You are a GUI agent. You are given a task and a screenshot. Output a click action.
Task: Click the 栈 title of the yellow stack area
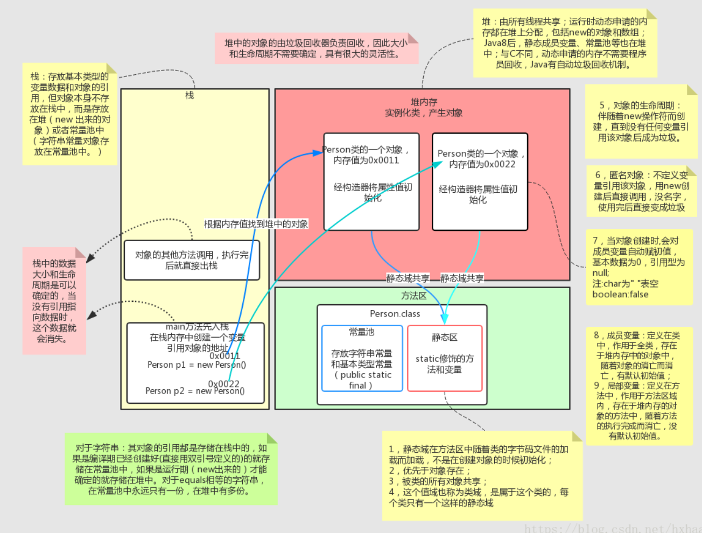[189, 95]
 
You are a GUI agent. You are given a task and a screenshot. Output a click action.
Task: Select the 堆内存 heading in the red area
[424, 102]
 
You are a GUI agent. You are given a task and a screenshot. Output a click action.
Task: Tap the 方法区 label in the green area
[413, 296]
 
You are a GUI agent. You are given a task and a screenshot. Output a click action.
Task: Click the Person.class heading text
[395, 314]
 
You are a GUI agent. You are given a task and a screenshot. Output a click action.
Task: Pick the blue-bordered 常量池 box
[362, 358]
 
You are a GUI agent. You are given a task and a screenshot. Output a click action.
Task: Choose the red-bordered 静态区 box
[445, 358]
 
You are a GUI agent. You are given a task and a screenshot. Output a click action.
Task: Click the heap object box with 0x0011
[371, 181]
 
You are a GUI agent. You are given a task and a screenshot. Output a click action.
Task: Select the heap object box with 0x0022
[480, 181]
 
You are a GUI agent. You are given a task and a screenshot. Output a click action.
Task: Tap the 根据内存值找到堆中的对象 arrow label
[256, 224]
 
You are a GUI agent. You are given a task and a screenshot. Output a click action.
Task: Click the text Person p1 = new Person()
[196, 365]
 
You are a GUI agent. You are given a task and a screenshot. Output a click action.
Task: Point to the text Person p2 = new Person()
[195, 391]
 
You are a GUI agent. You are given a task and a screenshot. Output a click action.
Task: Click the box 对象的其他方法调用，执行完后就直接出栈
[192, 260]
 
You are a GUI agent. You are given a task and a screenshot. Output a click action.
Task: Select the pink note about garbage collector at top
[316, 48]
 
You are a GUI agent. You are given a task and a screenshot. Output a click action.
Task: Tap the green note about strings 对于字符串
[171, 469]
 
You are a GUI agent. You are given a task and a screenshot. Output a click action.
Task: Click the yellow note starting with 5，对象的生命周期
[641, 122]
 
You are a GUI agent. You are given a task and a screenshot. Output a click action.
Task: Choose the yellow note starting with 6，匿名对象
[641, 191]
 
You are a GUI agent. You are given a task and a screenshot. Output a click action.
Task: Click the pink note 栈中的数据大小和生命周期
[54, 301]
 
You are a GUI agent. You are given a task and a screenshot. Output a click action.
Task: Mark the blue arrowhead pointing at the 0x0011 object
[318, 153]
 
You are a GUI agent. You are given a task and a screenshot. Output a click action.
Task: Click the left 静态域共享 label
[408, 278]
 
